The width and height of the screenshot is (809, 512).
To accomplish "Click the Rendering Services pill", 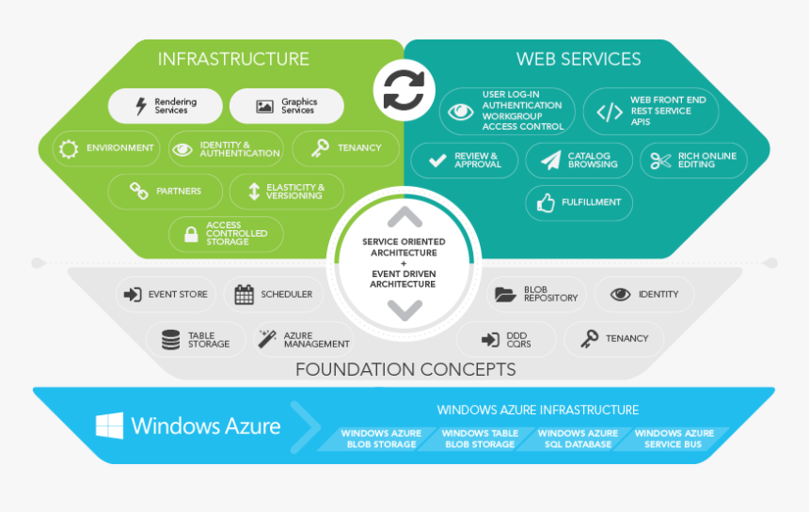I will point(166,106).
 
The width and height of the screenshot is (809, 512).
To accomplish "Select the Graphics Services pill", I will point(287,106).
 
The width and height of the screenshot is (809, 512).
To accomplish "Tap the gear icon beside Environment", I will point(68,148).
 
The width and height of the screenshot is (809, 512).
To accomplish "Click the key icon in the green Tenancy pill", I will point(320,147).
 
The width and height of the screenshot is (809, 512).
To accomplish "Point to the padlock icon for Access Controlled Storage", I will point(191,234).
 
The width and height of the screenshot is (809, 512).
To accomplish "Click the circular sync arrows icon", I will point(404,91).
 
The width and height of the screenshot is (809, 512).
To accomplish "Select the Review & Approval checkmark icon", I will point(437,161).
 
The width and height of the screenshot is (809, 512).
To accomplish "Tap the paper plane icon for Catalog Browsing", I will point(550,161).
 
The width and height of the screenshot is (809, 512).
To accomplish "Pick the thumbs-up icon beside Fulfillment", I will point(546,202).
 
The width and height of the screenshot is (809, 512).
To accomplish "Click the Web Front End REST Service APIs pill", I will point(651,112).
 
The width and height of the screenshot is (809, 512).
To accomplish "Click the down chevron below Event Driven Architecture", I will point(404,308).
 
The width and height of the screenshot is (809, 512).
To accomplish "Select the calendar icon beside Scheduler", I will point(244,294).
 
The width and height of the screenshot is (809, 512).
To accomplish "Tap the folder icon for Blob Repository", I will point(505,294).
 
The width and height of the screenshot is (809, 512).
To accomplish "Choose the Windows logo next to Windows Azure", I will point(109,426).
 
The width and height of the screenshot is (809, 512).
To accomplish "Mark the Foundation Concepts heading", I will point(405,369).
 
